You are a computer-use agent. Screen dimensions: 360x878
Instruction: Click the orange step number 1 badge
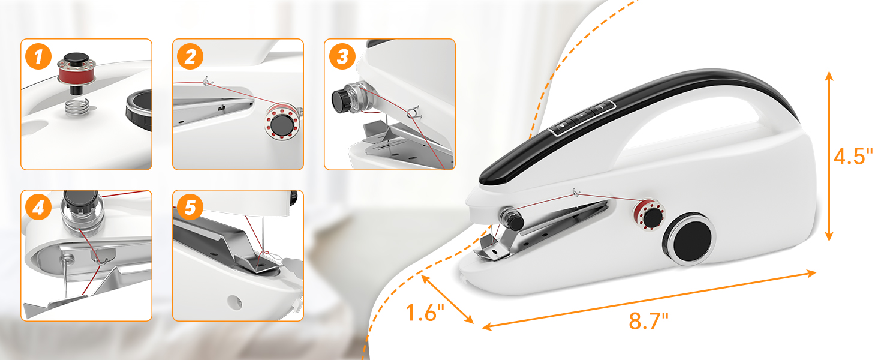(x=39, y=58)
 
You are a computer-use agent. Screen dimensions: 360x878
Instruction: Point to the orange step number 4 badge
(x=39, y=208)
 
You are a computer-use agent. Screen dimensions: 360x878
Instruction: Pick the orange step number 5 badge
(x=190, y=208)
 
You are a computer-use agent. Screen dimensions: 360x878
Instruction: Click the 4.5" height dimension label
(x=853, y=157)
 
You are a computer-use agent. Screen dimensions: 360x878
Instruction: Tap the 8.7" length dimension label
(x=648, y=321)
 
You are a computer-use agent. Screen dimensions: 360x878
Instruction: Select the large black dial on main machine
(x=689, y=238)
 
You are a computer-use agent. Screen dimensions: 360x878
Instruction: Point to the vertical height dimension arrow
(x=828, y=156)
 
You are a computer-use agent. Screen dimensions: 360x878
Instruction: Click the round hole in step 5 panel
(x=232, y=298)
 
